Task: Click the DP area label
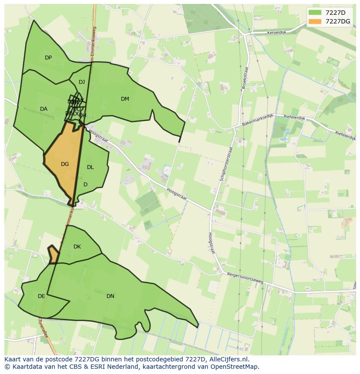[48, 58]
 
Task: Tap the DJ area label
[82, 82]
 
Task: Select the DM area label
[125, 99]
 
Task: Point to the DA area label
[43, 109]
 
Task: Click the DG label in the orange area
[65, 164]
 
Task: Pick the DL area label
[90, 167]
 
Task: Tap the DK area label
[77, 247]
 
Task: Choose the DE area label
[41, 296]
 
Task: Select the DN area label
[110, 296]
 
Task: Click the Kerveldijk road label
[279, 33]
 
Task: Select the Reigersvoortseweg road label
[245, 278]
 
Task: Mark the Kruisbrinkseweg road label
[39, 113]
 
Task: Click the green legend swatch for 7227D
[315, 12]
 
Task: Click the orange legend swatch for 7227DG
[315, 21]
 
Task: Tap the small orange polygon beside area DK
[53, 255]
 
